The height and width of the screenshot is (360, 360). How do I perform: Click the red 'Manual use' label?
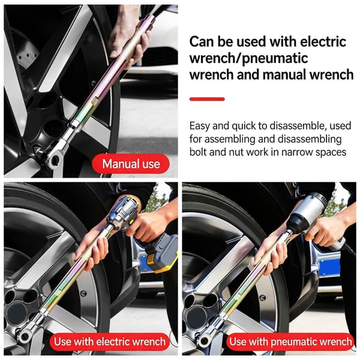131,164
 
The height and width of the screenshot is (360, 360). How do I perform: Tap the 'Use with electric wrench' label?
110,341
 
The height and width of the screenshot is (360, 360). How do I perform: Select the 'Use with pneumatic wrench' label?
290,341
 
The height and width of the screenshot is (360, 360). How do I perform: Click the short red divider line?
207,99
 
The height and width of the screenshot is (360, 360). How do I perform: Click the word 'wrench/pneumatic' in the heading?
248,59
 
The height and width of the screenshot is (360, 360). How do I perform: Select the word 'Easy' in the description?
200,126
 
